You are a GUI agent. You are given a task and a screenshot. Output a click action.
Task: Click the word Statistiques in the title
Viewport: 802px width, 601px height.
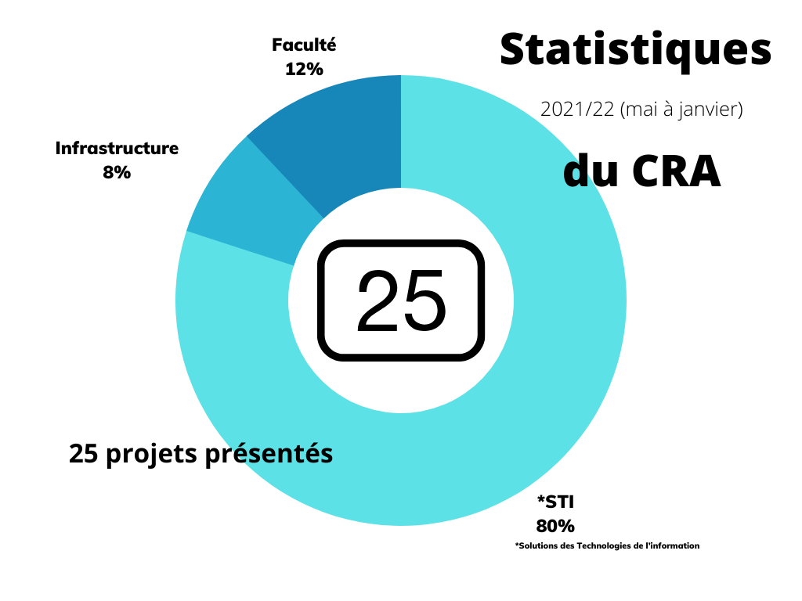point(635,50)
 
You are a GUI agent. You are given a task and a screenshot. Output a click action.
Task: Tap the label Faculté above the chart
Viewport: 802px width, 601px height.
point(304,45)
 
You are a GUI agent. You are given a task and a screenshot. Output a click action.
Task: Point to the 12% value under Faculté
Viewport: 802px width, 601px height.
point(304,69)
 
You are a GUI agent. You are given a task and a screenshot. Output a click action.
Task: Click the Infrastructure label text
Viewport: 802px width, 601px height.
point(117,148)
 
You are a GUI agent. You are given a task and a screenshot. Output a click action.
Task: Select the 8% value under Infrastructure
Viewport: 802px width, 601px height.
point(117,171)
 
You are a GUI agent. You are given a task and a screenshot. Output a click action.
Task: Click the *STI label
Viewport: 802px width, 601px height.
point(555,502)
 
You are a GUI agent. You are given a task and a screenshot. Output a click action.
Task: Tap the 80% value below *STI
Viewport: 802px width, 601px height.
point(555,525)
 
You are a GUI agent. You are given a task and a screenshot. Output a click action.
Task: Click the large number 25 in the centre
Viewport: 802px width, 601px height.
point(401,301)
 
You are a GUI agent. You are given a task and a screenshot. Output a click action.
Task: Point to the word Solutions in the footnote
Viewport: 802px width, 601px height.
point(540,545)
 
